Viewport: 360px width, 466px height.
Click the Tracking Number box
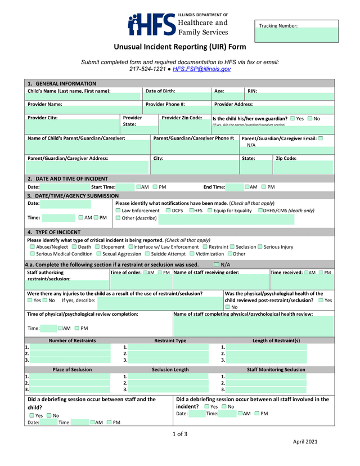point(296,32)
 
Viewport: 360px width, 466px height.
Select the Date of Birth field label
point(160,91)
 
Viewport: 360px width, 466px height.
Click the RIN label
point(253,91)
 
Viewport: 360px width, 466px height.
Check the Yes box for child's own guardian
point(292,119)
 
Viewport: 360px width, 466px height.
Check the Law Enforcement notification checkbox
point(118,210)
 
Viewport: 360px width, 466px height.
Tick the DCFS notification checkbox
point(168,210)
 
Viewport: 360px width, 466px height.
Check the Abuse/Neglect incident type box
point(32,247)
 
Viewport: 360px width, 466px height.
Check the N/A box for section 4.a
point(217,264)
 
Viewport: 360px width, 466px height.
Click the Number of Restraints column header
point(72,340)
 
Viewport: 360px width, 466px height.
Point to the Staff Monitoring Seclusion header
point(276,370)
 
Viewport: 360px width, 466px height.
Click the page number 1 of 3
point(179,433)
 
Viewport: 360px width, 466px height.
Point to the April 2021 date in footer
point(305,442)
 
